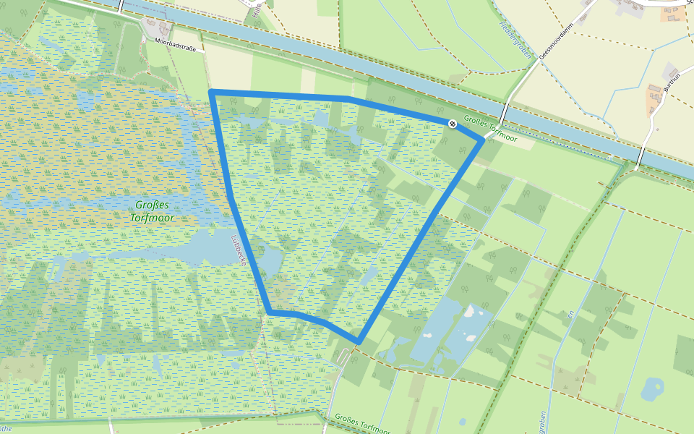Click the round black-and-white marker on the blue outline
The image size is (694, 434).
(453, 124)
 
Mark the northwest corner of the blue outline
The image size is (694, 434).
(210, 92)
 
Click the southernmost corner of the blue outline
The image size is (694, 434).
(358, 341)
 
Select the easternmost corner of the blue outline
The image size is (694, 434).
(482, 140)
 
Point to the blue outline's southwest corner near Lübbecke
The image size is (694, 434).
(270, 312)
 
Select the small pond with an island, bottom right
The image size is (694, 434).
(652, 388)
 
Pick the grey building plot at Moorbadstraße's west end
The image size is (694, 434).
(164, 30)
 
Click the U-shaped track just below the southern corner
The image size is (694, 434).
(346, 357)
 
